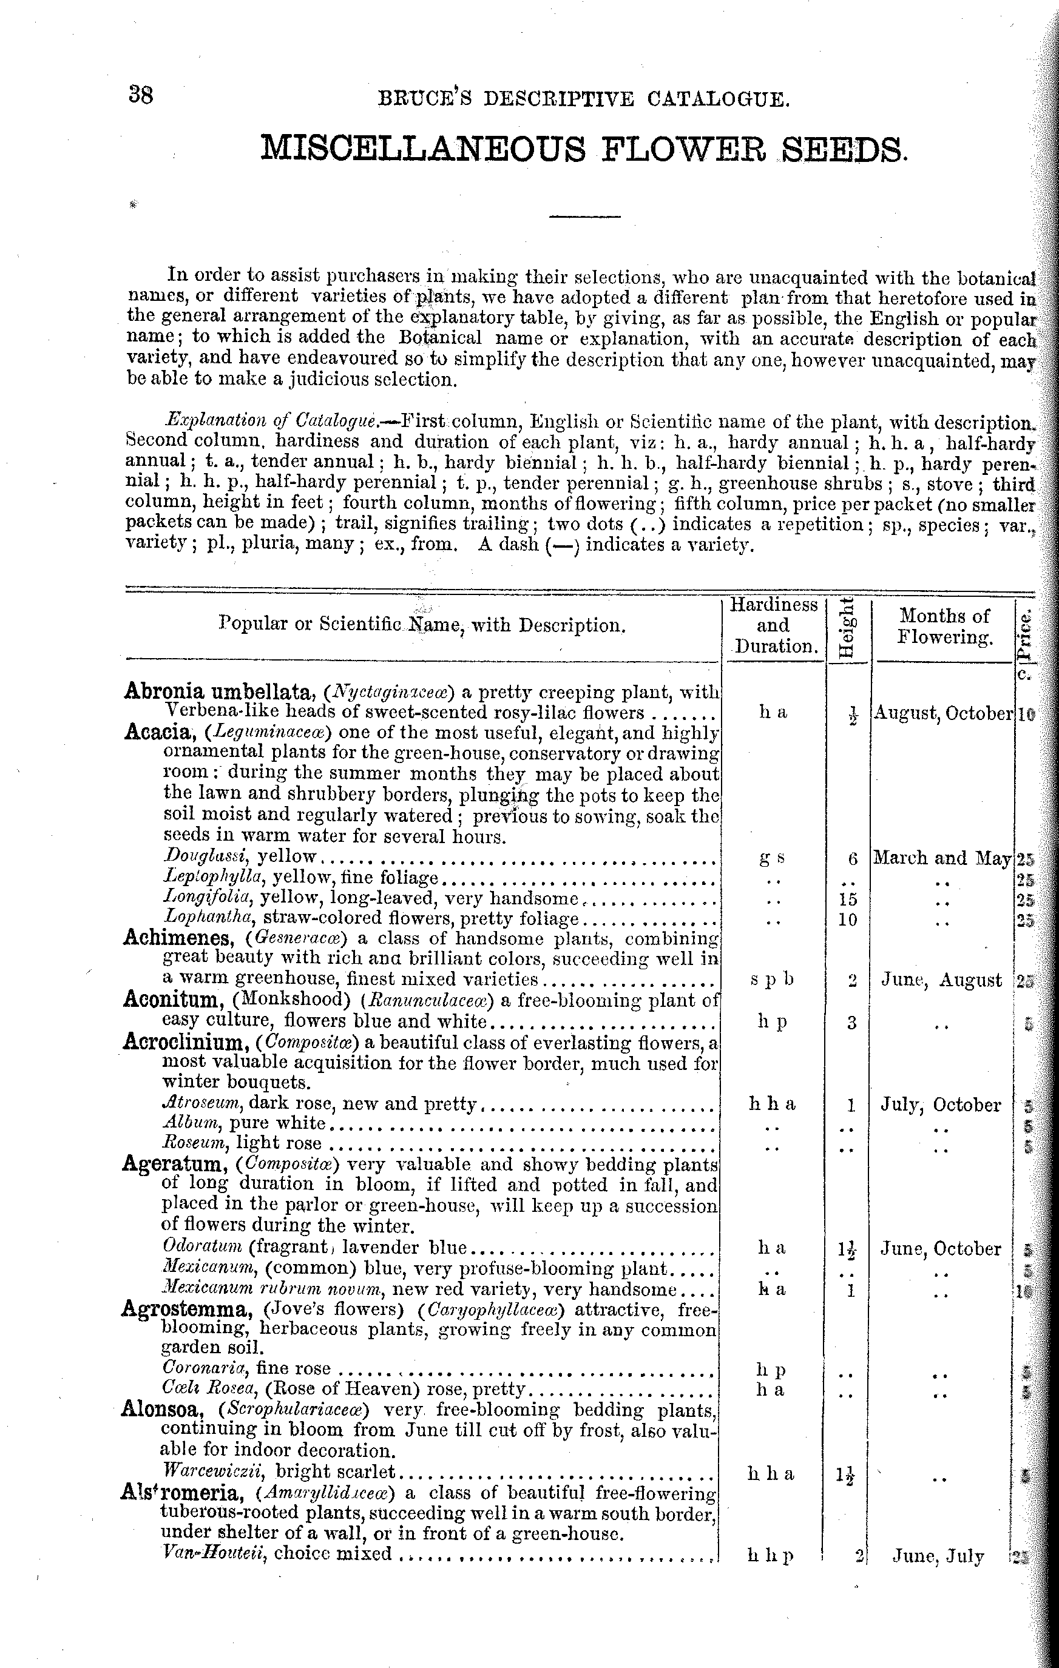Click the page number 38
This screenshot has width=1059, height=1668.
click(x=141, y=95)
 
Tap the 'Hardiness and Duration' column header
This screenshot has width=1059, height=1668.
click(x=773, y=625)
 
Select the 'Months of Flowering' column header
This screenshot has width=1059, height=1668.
click(x=944, y=625)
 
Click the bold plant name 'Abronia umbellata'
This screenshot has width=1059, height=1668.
click(x=220, y=691)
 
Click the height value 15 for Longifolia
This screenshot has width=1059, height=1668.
click(x=848, y=899)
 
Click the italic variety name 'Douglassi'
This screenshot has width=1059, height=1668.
click(x=206, y=857)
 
